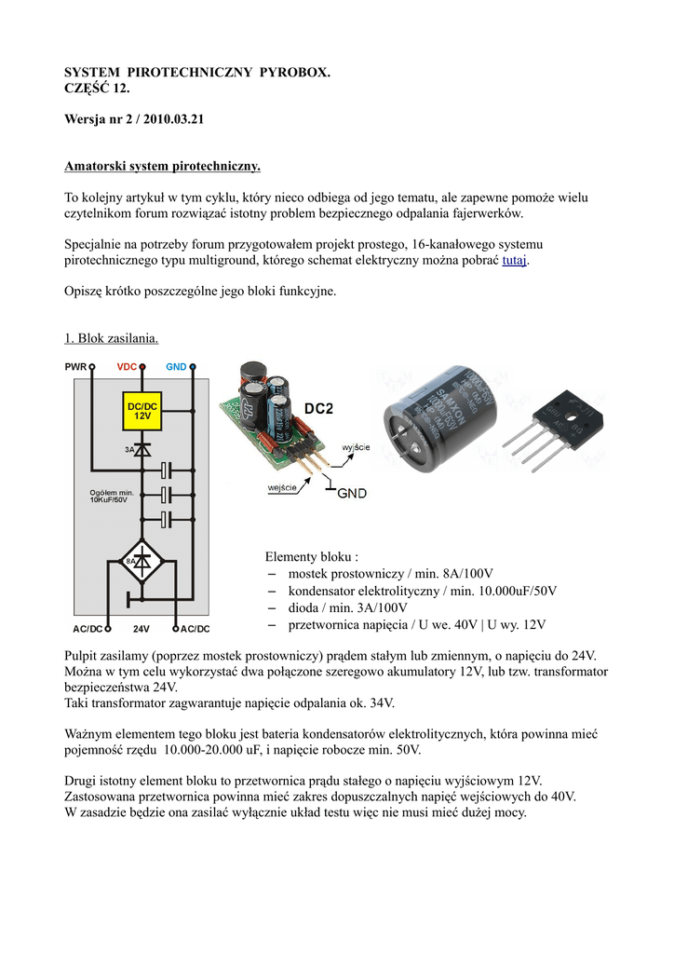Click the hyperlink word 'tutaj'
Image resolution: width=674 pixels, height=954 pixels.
514,261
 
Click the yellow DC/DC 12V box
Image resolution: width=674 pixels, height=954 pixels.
142,411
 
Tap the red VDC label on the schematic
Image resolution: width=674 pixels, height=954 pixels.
127,367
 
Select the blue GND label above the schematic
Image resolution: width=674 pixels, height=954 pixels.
176,367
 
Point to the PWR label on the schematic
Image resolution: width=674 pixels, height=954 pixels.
75,367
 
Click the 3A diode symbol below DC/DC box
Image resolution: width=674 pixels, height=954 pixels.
142,449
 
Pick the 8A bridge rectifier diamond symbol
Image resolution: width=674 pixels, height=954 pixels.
142,561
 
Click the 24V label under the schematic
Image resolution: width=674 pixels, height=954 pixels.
142,629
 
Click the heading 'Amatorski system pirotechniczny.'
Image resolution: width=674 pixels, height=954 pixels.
162,166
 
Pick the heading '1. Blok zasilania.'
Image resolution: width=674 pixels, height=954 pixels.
117,337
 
